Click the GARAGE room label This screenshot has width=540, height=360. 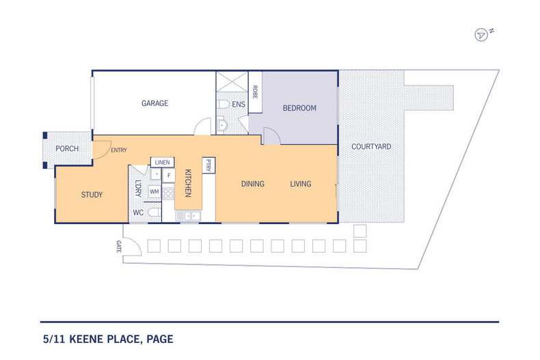pyautogui.click(x=154, y=103)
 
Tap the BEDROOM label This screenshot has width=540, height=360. pyautogui.click(x=299, y=108)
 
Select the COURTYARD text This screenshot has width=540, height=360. pyautogui.click(x=371, y=147)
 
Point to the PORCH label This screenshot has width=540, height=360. pyautogui.click(x=67, y=149)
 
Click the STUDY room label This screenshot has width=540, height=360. pyautogui.click(x=92, y=195)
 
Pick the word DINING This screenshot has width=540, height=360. pyautogui.click(x=252, y=184)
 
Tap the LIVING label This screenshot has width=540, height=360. pyautogui.click(x=300, y=184)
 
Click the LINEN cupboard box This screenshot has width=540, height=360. pyautogui.click(x=162, y=163)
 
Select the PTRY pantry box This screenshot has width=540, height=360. pyautogui.click(x=208, y=165)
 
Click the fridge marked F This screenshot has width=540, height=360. pyautogui.click(x=169, y=176)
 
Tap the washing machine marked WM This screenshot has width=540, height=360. pyautogui.click(x=154, y=192)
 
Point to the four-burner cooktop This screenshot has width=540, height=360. pyautogui.click(x=168, y=194)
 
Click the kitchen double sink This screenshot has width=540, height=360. pyautogui.click(x=188, y=216)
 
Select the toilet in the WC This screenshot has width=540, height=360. pyautogui.click(x=154, y=212)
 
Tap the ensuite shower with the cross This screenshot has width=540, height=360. pyautogui.click(x=232, y=81)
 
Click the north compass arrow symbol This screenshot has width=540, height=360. pyautogui.click(x=481, y=35)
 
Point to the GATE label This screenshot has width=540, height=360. pyautogui.click(x=119, y=247)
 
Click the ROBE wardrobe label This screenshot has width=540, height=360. pyautogui.click(x=255, y=92)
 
